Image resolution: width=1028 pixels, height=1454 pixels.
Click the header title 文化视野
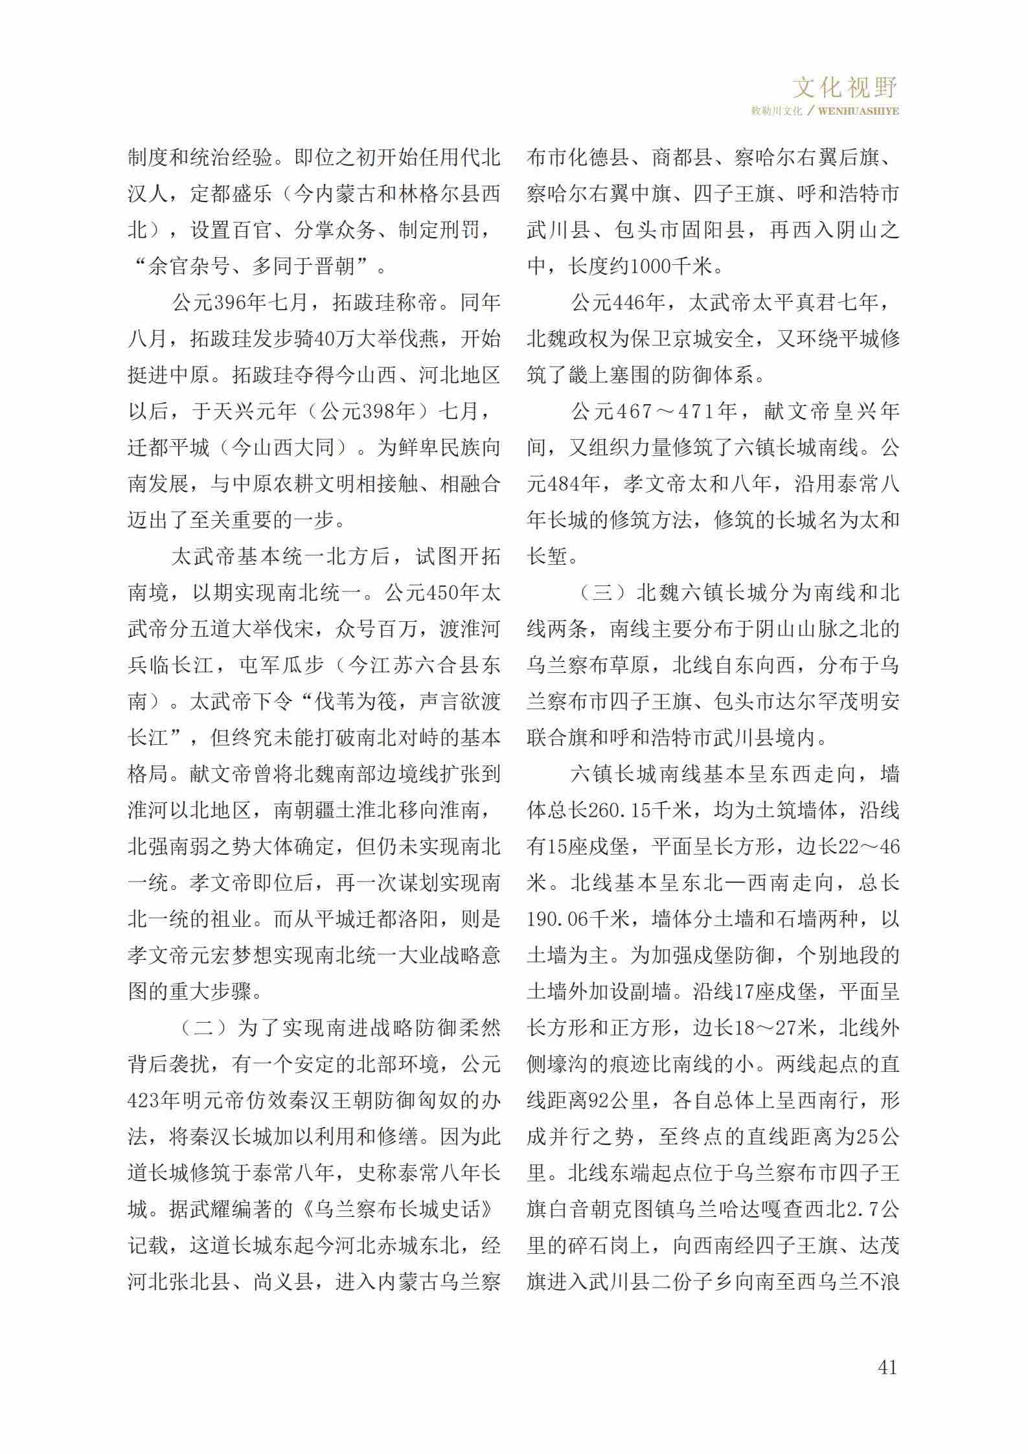point(845,86)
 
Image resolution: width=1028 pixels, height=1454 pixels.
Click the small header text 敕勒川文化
point(776,111)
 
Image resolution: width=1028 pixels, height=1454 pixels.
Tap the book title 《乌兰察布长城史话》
point(400,1209)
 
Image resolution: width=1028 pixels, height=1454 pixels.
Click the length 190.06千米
point(578,919)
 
